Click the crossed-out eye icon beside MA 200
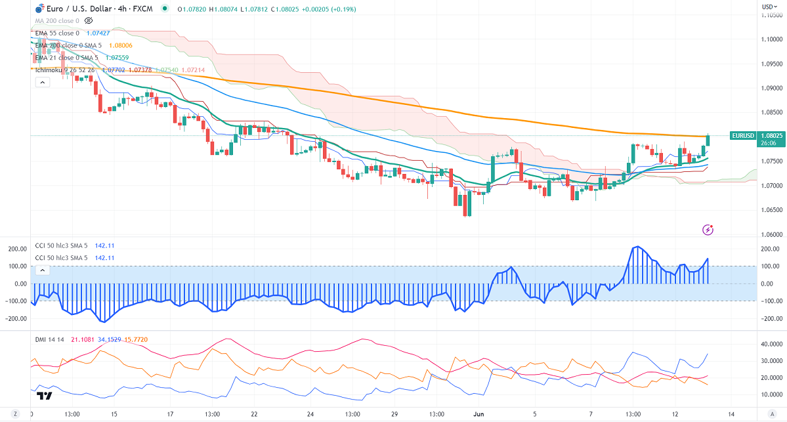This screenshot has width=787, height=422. (x=89, y=21)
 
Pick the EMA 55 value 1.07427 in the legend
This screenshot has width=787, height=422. (x=100, y=32)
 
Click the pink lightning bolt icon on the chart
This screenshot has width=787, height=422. (x=708, y=229)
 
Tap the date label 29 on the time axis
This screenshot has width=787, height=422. (x=394, y=414)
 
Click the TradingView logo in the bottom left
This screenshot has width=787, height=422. (x=45, y=396)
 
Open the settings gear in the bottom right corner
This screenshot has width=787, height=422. (x=771, y=414)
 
